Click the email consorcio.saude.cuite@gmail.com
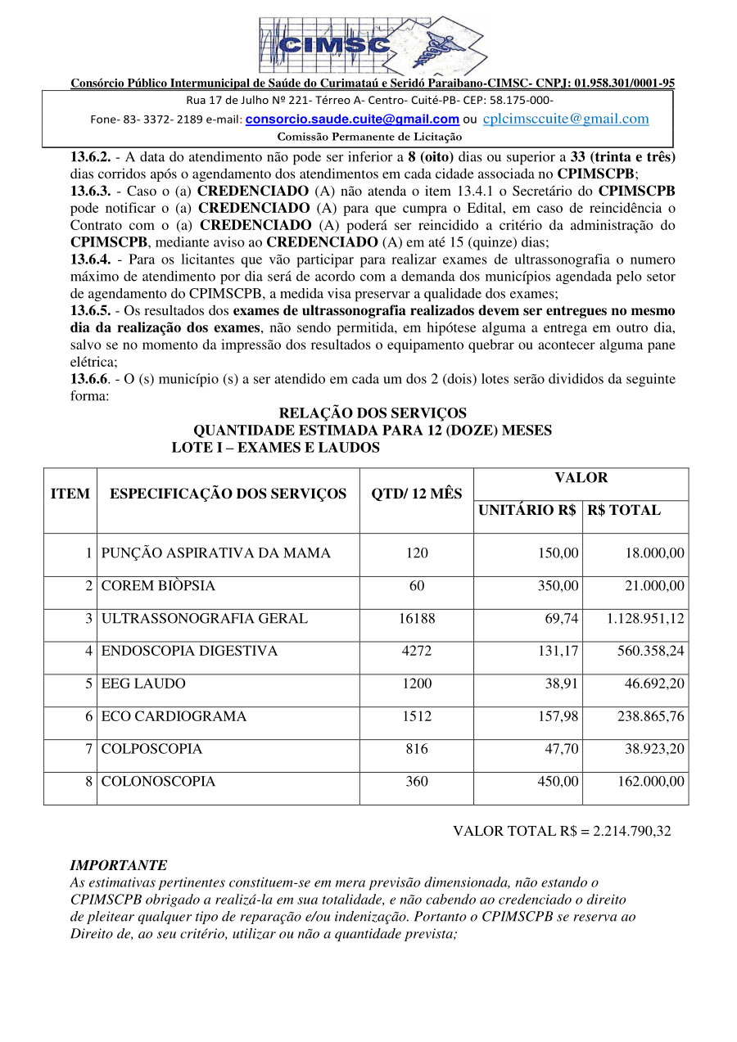352,120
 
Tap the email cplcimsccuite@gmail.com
566,120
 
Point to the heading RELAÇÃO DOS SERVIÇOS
373,413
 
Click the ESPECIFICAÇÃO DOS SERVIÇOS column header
228,494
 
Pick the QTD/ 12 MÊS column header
416,494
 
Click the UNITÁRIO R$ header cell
527,510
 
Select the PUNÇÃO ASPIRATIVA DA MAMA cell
216,553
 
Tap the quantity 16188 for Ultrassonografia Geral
417,619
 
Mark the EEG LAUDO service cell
143,684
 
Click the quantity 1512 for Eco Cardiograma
417,717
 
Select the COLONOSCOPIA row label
159,783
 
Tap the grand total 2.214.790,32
632,832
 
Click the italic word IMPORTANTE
119,865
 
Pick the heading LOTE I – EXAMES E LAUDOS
275,448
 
